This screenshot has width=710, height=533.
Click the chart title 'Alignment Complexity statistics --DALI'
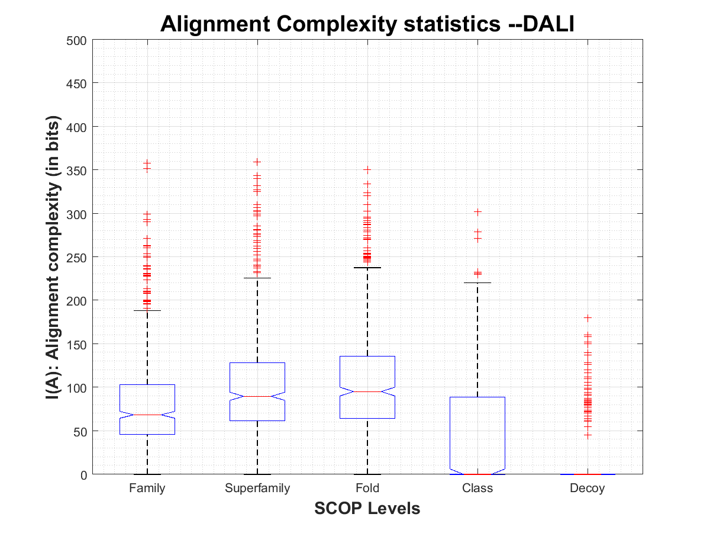[367, 24]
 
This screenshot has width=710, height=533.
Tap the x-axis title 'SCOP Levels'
[367, 508]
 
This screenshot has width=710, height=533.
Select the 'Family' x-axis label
[147, 489]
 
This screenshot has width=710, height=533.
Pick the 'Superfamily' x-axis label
[257, 489]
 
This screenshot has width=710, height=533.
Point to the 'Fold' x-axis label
[367, 489]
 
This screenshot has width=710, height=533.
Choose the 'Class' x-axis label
[477, 489]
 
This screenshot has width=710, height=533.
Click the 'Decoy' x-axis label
[588, 489]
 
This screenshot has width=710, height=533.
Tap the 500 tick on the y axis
[78, 40]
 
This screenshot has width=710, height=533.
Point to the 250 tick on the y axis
[78, 257]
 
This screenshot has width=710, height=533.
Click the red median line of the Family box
[147, 415]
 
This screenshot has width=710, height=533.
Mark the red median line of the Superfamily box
[257, 396]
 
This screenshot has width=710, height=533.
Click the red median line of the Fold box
[367, 391]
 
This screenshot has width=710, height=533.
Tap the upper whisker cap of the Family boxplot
[147, 310]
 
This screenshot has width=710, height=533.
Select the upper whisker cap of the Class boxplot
[477, 282]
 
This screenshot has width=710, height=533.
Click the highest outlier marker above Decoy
[588, 318]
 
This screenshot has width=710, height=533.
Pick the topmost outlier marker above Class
[477, 211]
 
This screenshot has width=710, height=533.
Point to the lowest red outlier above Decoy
[588, 435]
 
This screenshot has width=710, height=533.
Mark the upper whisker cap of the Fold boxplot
[367, 268]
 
